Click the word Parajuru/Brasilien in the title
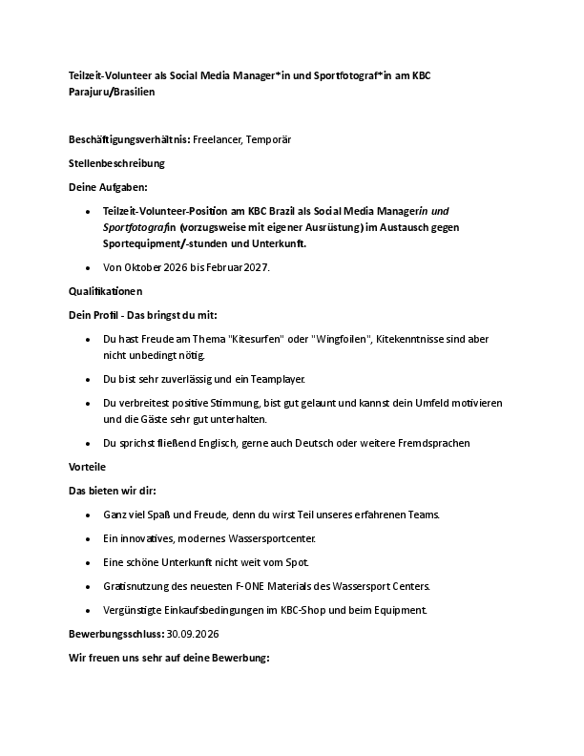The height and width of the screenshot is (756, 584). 112,94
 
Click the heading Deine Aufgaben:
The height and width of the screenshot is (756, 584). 108,187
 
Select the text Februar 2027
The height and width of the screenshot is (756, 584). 229,267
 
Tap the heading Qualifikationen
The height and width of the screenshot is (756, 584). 105,290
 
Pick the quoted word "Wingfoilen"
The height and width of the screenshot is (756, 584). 341,339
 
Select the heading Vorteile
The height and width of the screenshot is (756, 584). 88,467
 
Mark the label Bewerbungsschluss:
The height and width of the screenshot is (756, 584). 116,634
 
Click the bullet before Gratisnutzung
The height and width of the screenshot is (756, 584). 88,586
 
